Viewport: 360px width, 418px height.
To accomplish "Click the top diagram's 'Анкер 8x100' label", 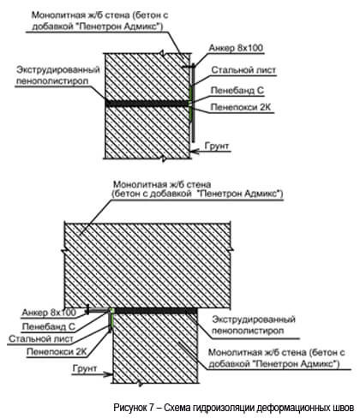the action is pos(236,48).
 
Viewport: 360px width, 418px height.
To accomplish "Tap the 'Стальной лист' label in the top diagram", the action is pos(243,70).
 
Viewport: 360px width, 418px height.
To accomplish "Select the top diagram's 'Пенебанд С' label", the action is pos(237,91).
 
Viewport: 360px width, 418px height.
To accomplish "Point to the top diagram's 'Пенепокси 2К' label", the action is pos(241,107).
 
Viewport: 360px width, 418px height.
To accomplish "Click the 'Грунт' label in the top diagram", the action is pos(217,146).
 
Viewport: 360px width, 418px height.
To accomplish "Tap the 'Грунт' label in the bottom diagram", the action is pos(85,368).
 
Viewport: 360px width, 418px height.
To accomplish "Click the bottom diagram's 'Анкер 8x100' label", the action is pos(49,313).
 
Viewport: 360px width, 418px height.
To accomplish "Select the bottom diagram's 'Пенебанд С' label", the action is pos(49,326).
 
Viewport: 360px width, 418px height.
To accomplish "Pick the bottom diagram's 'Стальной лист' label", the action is pos(41,339).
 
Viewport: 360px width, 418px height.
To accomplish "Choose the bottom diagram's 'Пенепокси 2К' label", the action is pos(57,352).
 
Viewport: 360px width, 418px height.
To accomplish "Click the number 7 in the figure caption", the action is pos(152,407).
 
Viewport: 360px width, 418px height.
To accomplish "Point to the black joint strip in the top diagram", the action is pos(147,103).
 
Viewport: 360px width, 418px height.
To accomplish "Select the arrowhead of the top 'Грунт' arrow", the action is pos(193,151).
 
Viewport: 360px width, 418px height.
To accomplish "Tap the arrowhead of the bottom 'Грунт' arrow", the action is pos(110,374).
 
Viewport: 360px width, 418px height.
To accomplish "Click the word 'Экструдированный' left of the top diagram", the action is pos(58,69).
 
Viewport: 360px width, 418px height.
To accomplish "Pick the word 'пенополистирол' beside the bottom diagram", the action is pos(248,331).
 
